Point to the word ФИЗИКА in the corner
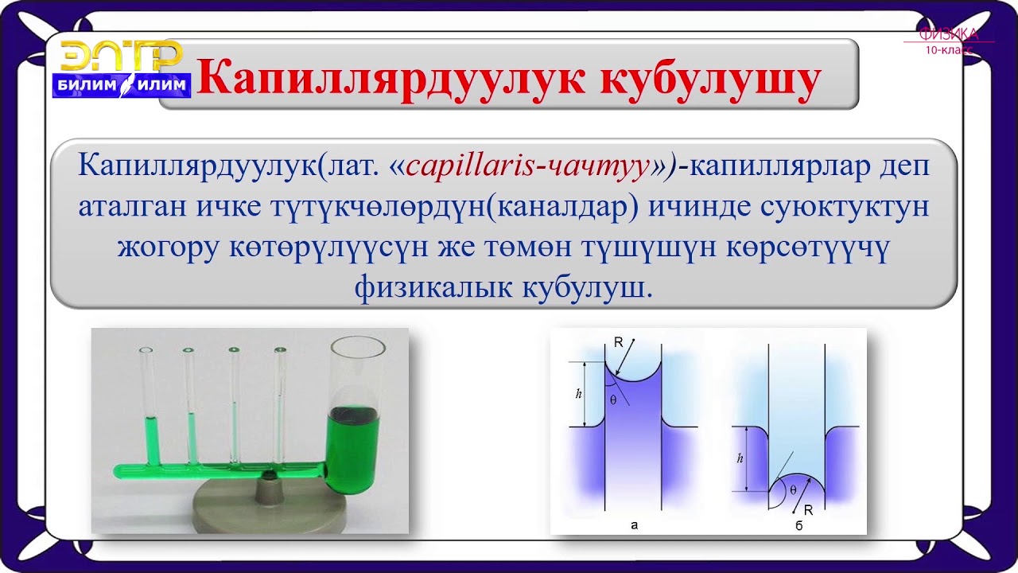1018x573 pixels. click(x=948, y=34)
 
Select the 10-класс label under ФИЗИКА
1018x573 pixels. click(x=948, y=49)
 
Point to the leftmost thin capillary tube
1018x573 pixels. click(x=147, y=406)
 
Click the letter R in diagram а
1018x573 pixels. click(x=618, y=342)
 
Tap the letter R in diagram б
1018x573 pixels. click(x=808, y=510)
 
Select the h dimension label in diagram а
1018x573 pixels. click(x=577, y=394)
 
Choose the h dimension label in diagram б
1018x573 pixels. click(x=740, y=459)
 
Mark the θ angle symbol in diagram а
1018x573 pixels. click(x=613, y=400)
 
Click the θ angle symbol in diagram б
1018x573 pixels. click(x=792, y=490)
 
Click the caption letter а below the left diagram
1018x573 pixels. click(x=634, y=525)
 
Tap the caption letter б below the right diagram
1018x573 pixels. click(x=798, y=526)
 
